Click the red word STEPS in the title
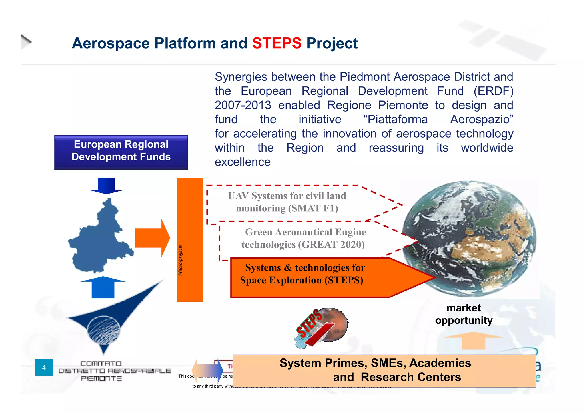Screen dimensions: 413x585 [277, 43]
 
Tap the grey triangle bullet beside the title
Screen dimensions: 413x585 [26, 42]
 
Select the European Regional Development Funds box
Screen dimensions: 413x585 [121, 152]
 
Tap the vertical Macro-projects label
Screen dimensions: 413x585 [180, 260]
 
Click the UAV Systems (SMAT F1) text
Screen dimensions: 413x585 [287, 202]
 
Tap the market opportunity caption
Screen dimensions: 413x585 [464, 314]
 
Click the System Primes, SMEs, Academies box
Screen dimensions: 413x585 [384, 370]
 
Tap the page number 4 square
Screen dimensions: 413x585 [44, 367]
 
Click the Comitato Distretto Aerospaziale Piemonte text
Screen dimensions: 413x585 [114, 371]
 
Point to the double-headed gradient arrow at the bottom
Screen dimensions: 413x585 [207, 370]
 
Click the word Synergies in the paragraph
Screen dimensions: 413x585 [241, 77]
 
